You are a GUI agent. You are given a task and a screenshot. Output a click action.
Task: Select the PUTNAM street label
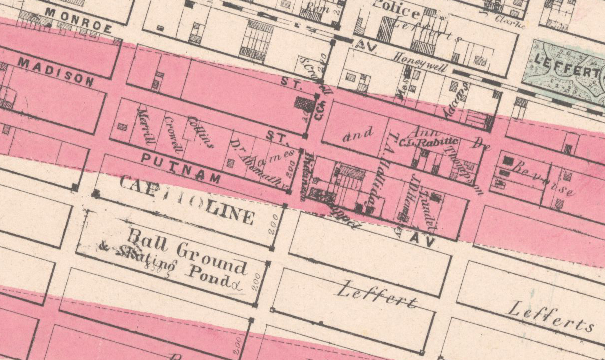click(x=180, y=167)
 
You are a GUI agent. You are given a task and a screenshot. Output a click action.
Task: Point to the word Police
click(x=397, y=10)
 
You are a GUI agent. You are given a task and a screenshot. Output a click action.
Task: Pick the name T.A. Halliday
click(x=380, y=175)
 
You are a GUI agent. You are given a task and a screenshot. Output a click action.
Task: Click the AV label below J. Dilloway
click(x=423, y=241)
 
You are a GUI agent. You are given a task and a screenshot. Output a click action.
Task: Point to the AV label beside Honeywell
click(x=367, y=45)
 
